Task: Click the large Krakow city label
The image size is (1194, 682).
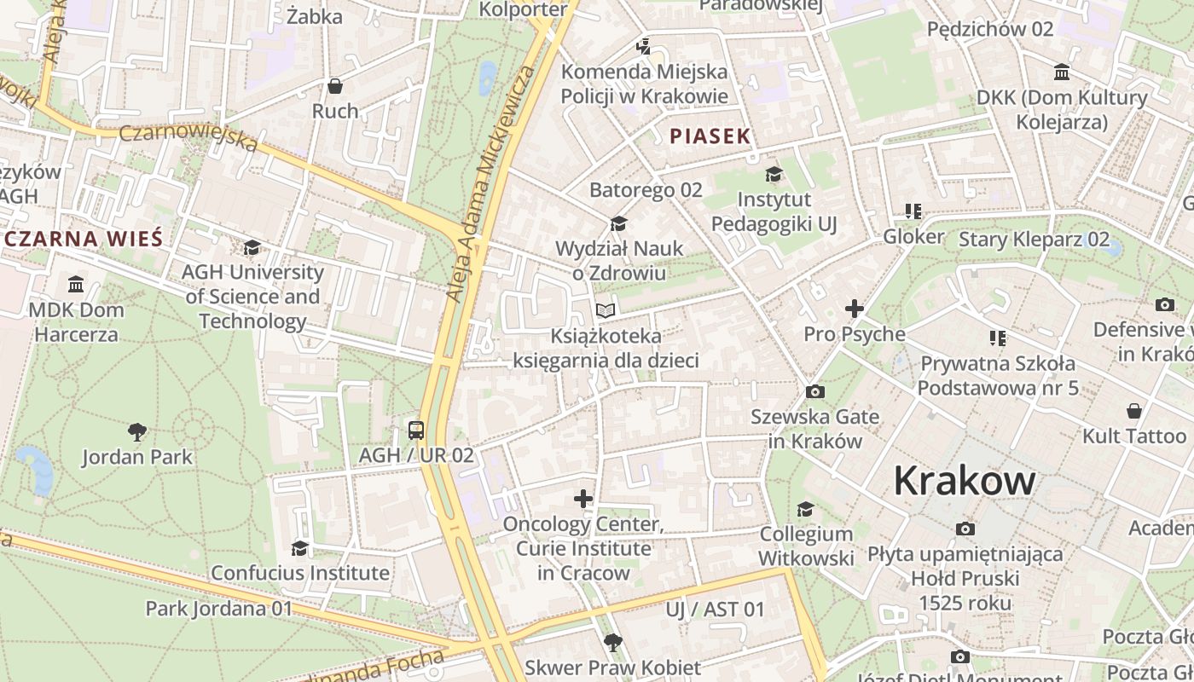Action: (965, 482)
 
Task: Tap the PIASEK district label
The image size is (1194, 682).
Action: (710, 136)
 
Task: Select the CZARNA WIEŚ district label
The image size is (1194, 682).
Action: (83, 238)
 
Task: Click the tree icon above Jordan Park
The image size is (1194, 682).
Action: (136, 431)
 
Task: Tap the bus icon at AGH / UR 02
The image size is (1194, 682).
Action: (416, 431)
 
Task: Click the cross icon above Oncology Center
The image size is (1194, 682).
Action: (583, 498)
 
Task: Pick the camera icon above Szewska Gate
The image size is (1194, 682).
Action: (814, 391)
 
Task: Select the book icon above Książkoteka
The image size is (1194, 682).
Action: (606, 310)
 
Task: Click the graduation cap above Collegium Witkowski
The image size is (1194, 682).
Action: (805, 510)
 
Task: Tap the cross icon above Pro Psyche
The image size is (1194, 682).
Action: (854, 309)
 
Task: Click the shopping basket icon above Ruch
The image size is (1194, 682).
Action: (335, 86)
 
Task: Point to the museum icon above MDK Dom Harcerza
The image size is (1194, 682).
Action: (76, 284)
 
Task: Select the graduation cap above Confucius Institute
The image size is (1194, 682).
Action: (299, 547)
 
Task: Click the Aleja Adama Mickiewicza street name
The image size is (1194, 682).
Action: (491, 183)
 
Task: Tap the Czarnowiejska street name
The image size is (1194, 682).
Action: (188, 138)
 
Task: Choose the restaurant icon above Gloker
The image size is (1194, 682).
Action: (913, 211)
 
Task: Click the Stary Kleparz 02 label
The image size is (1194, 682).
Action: (1034, 239)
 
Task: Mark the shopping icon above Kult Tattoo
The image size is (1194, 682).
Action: (1133, 411)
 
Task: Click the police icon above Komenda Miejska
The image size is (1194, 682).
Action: (644, 46)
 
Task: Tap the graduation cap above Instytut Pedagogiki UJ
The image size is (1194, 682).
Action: (774, 175)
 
